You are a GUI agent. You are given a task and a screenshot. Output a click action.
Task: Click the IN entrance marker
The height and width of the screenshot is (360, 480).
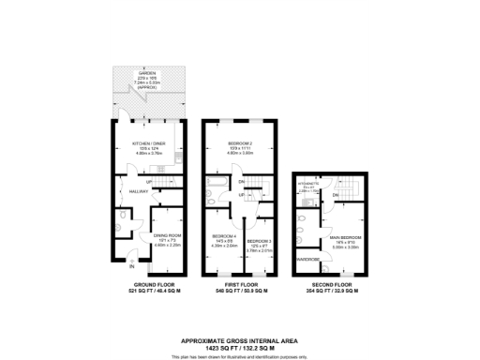pyautogui.click(x=131, y=267)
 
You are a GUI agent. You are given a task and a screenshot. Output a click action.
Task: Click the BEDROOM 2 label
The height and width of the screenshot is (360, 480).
pyautogui.click(x=241, y=143)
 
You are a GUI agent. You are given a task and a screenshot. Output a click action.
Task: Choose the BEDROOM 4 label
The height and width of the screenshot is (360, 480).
pyautogui.click(x=223, y=235)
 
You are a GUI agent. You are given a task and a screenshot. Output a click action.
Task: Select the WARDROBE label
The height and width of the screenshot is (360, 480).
pyautogui.click(x=307, y=259)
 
